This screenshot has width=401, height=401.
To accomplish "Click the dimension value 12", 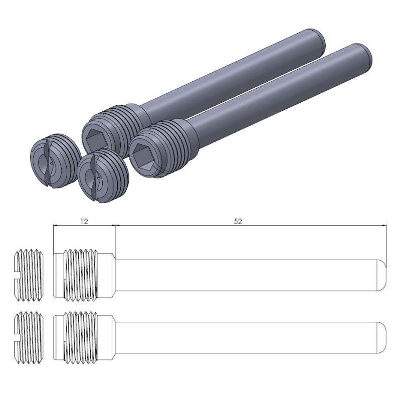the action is pyautogui.click(x=84, y=221).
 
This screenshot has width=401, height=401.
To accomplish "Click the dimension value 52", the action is pyautogui.click(x=238, y=221).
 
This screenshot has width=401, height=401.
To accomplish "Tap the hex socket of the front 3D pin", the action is pyautogui.click(x=142, y=156).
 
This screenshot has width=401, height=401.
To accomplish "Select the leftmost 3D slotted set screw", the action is pyautogui.click(x=56, y=161).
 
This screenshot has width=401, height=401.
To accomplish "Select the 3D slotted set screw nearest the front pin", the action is pyautogui.click(x=103, y=176).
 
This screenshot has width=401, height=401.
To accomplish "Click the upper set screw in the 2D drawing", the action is pyautogui.click(x=29, y=275).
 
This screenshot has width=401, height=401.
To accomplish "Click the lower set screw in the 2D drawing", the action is pyautogui.click(x=29, y=337).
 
